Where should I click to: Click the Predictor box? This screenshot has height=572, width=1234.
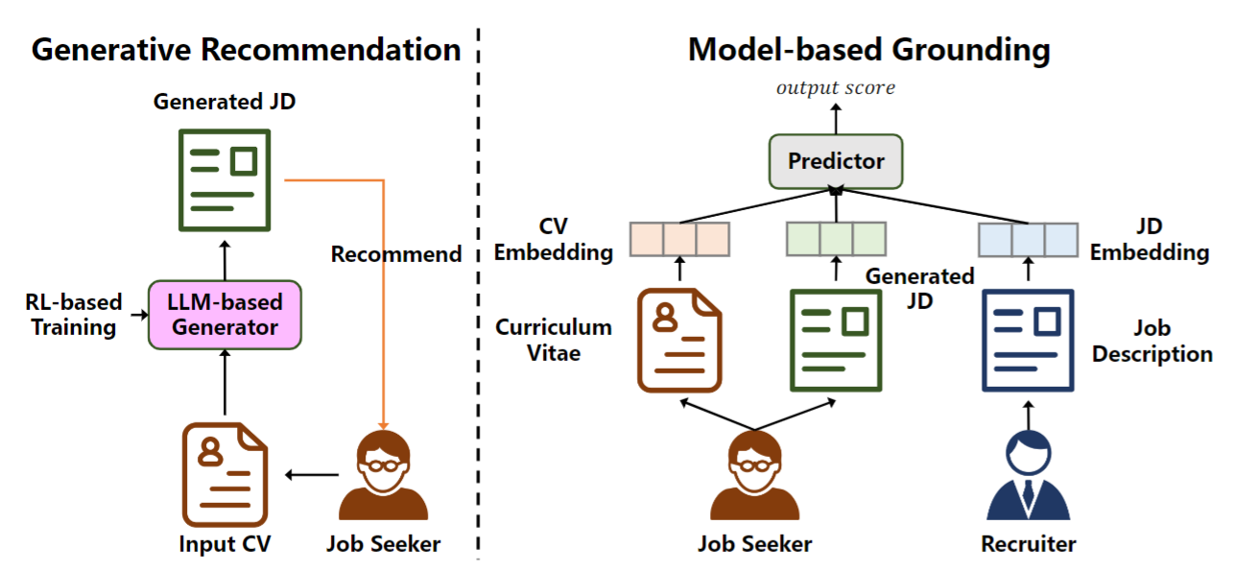click(x=835, y=161)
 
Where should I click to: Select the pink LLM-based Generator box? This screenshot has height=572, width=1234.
click(x=225, y=314)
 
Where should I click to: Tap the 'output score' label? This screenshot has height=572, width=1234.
click(x=835, y=88)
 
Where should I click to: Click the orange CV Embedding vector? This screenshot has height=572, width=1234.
click(x=678, y=239)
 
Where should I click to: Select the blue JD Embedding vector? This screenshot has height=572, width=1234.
click(x=1028, y=239)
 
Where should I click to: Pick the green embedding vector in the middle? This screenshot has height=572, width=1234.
click(x=835, y=239)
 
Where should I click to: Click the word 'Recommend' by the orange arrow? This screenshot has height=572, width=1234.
click(x=396, y=254)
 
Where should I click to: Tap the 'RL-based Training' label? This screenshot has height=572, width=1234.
click(x=74, y=315)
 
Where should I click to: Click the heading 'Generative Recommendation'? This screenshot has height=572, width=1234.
click(x=246, y=50)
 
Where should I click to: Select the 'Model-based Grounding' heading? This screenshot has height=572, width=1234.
click(x=869, y=50)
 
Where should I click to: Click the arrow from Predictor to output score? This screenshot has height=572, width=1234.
click(x=835, y=117)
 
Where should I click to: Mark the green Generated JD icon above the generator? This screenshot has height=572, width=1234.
click(x=225, y=179)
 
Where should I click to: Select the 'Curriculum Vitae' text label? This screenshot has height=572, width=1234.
click(x=554, y=340)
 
